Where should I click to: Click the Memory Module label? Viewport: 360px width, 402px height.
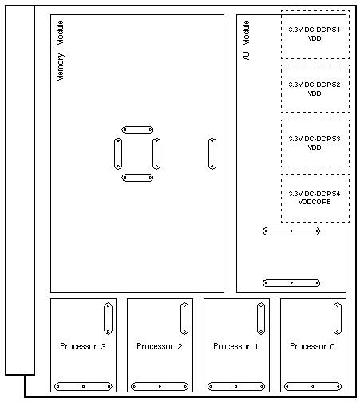61,51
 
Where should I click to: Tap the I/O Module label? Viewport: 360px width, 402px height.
246,41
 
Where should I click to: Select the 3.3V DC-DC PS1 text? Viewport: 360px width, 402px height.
315,30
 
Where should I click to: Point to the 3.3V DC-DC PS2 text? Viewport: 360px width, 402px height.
315,85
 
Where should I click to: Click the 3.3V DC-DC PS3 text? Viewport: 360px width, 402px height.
315,139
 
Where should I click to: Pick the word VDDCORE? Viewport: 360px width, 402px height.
315,202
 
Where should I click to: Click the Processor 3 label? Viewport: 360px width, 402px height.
83,346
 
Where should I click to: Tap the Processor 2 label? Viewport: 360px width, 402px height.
160,346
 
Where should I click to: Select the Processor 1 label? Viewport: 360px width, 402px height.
235,346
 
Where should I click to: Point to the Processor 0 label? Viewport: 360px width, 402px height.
312,346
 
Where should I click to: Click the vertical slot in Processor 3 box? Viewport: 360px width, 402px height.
108,318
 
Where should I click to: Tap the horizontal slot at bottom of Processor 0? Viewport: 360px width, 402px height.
313,386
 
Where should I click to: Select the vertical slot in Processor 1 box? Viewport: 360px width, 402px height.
261,318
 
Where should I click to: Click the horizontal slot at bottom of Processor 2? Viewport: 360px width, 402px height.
160,386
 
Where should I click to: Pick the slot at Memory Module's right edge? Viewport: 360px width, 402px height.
212,154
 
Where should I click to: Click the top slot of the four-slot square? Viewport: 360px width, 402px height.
137,130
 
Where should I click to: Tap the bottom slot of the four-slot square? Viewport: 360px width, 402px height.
137,178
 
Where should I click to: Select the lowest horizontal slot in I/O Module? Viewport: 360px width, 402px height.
291,283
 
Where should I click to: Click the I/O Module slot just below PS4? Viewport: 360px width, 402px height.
291,231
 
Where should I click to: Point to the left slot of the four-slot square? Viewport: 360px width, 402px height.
118,154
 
